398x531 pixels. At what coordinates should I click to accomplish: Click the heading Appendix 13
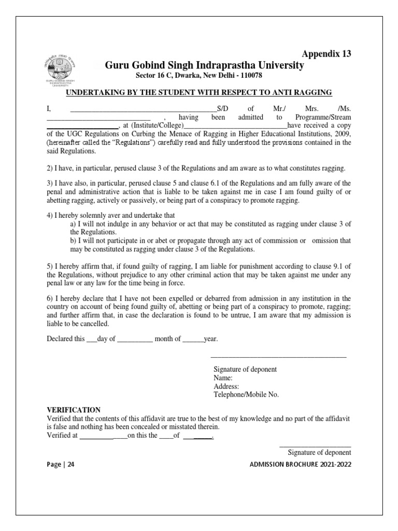click(x=326, y=54)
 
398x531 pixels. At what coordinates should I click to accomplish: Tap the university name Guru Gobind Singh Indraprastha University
click(x=205, y=66)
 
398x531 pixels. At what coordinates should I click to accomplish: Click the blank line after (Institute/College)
click(x=235, y=125)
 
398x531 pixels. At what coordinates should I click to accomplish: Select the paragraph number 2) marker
click(x=50, y=169)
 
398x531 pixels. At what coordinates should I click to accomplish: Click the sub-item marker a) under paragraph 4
click(x=73, y=223)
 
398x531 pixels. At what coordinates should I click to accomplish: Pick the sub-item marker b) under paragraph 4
click(x=73, y=241)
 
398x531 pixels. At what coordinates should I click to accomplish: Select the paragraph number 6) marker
click(x=50, y=299)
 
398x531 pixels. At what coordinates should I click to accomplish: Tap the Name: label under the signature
click(x=223, y=378)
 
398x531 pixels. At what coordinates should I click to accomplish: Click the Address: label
click(x=226, y=386)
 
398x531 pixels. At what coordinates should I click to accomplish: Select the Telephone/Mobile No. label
click(x=246, y=395)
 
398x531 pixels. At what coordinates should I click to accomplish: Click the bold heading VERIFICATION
click(x=74, y=410)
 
